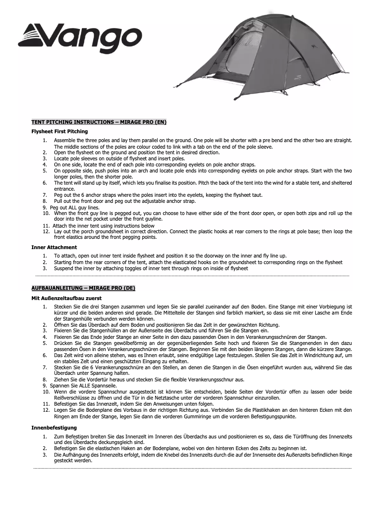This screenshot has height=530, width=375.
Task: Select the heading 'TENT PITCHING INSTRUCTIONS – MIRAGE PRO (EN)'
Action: [99, 122]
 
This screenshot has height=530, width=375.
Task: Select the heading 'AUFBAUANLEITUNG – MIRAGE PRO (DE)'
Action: [83, 288]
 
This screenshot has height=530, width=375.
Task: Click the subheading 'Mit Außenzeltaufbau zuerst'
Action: [66, 297]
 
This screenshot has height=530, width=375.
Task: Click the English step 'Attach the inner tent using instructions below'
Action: [104, 226]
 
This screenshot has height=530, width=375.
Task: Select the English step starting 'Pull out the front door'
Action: [124, 201]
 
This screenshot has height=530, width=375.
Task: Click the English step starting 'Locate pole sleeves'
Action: [119, 158]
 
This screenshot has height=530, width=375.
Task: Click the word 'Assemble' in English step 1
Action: [65, 140]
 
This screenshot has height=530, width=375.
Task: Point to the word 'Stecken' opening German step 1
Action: [64, 306]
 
